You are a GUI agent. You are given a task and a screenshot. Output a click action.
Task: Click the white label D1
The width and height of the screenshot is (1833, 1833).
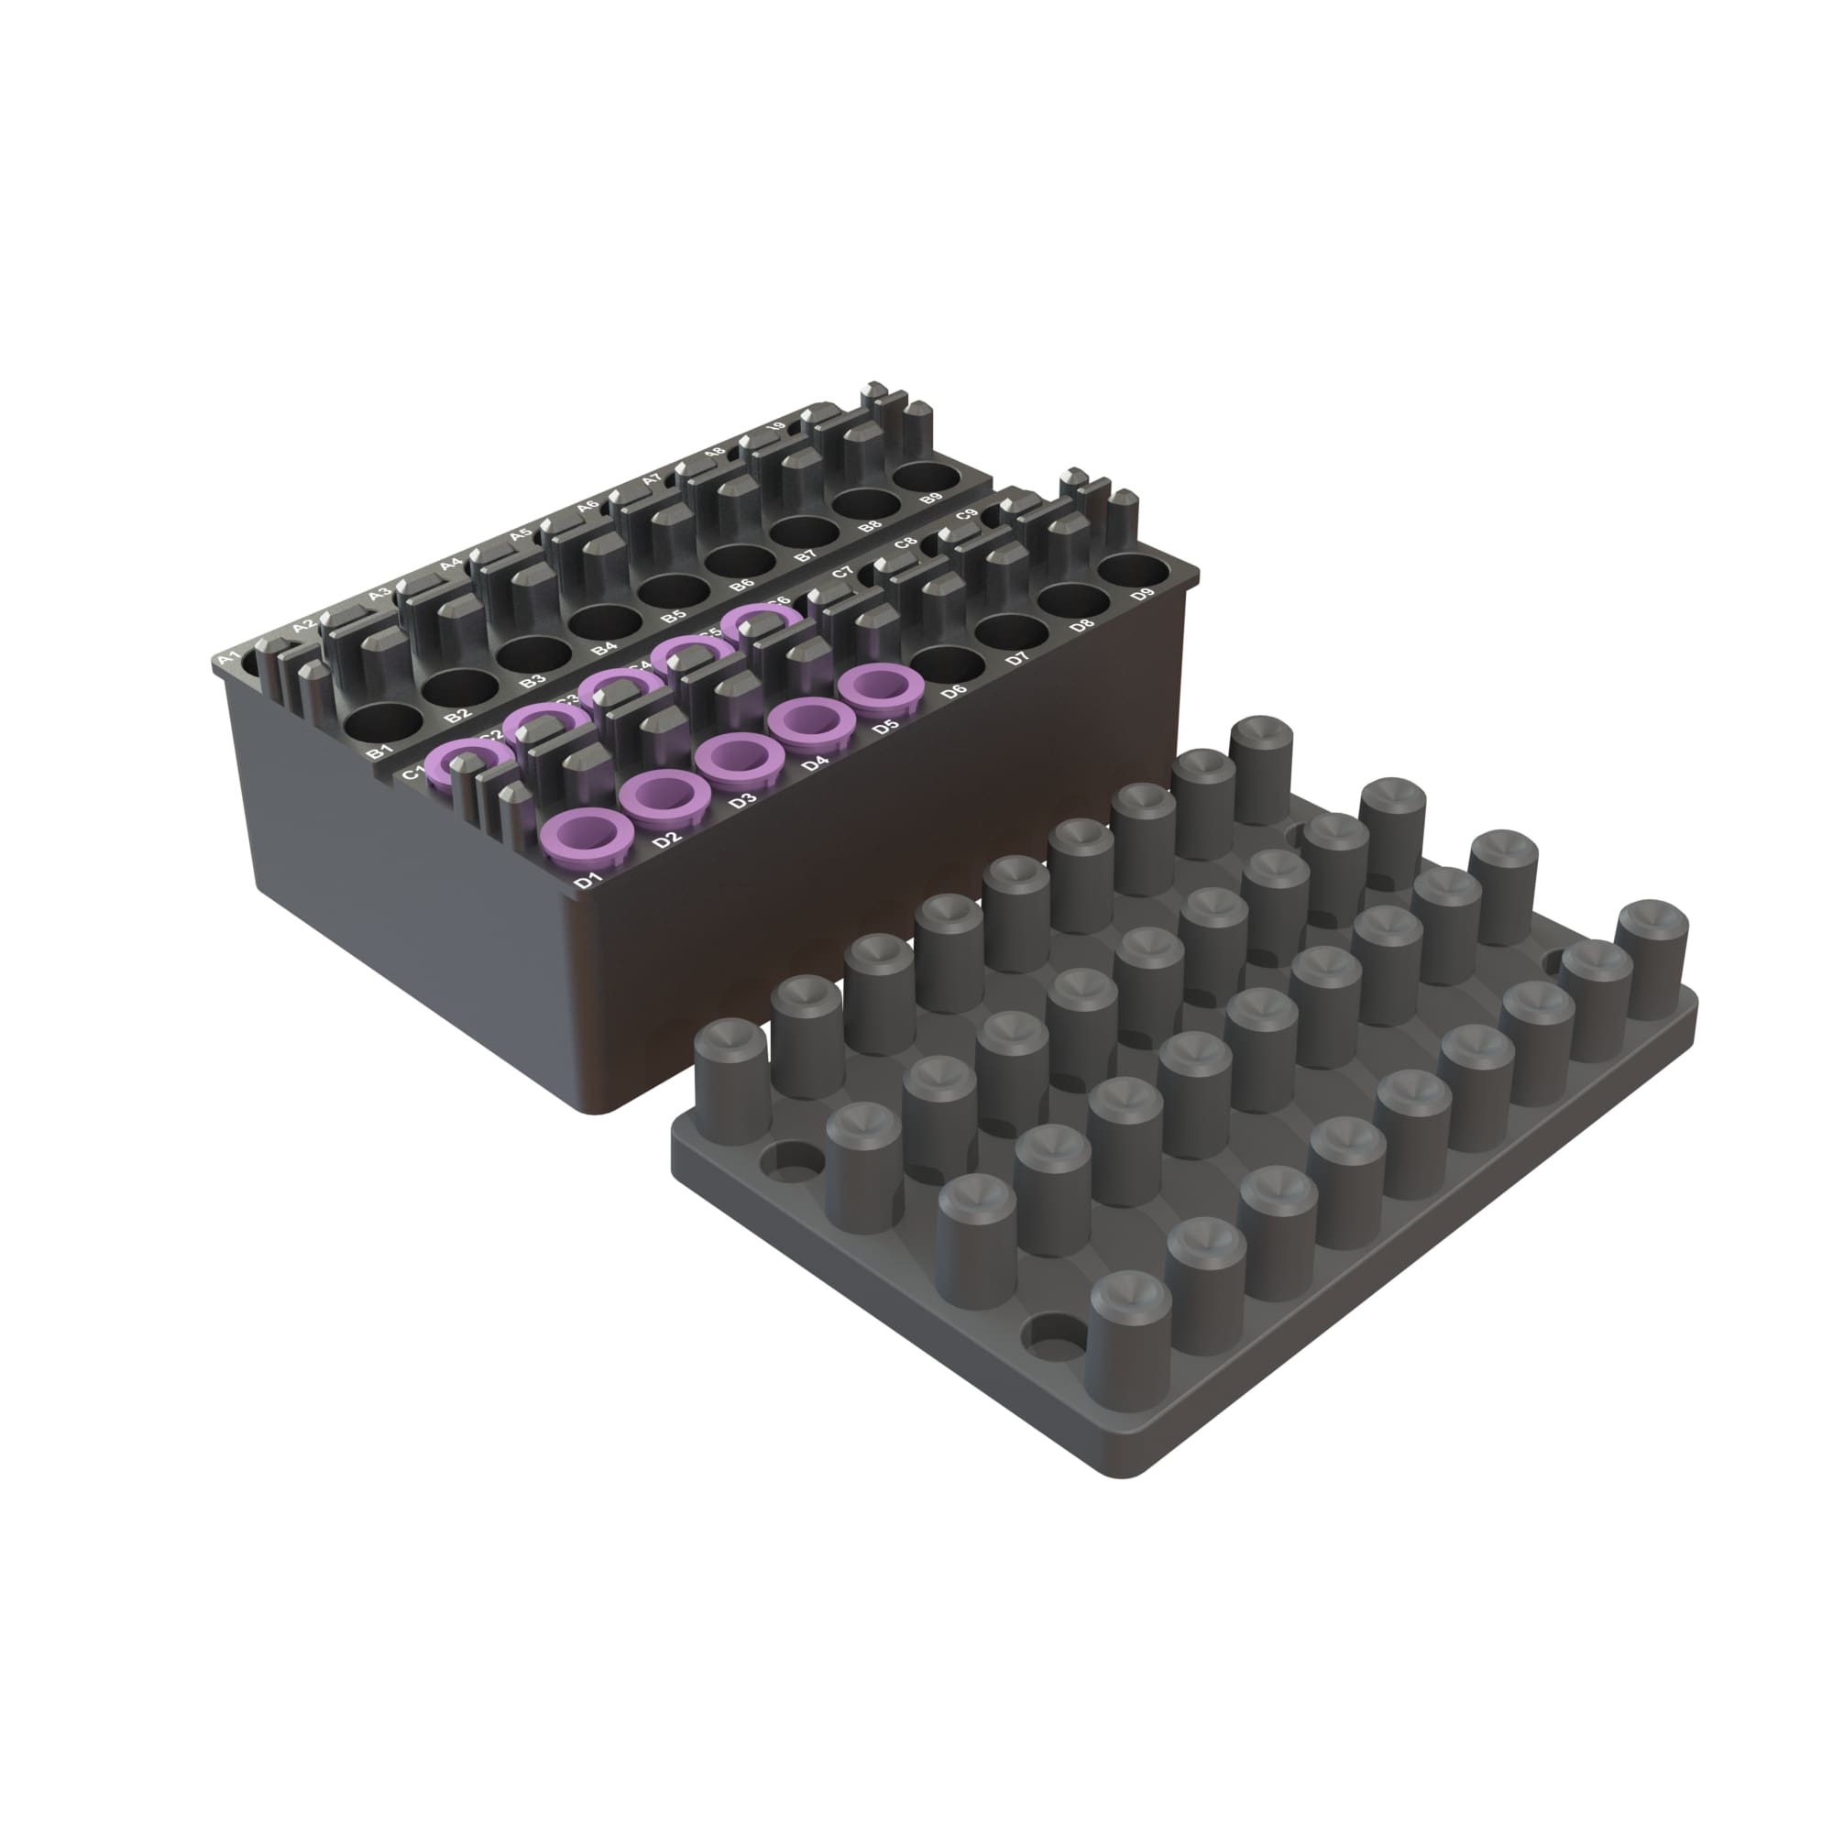point(589,881)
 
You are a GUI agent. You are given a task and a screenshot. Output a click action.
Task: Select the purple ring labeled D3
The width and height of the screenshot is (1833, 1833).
point(732,759)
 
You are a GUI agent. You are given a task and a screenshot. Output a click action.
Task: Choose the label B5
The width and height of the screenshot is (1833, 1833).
point(674,615)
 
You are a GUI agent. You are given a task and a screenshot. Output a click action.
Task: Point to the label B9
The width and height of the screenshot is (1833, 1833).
point(932,497)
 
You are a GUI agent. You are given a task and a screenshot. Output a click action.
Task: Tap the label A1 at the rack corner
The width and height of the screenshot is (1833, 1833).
point(228,658)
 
